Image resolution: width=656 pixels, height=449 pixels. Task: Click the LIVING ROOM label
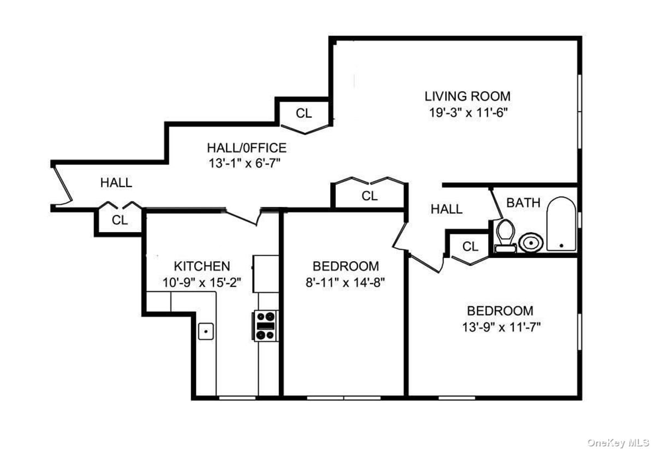click(x=467, y=96)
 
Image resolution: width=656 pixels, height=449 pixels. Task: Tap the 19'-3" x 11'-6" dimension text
click(x=468, y=112)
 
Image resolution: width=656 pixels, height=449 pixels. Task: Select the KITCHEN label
click(x=202, y=266)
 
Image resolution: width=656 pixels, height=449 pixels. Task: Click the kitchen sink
click(x=206, y=331)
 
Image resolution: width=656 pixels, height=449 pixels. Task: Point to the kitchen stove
click(x=265, y=326)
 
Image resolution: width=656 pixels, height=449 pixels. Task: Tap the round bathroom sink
click(x=531, y=243)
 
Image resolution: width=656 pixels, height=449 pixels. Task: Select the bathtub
click(x=561, y=224)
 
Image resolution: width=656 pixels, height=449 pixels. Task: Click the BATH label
click(x=523, y=203)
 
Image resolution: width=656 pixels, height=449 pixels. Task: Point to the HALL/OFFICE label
click(x=247, y=148)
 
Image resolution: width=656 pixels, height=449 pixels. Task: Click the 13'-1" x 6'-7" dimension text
click(x=244, y=163)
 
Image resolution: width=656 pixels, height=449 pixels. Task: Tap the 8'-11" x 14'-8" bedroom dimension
click(x=345, y=283)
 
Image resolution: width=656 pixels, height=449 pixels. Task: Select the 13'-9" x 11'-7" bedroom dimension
click(x=501, y=327)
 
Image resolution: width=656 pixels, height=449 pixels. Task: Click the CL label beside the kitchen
click(x=120, y=220)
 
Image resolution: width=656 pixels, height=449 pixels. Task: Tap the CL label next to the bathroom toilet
click(x=470, y=246)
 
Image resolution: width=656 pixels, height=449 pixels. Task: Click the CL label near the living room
click(x=304, y=113)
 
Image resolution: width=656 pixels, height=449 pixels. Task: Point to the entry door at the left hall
click(x=62, y=185)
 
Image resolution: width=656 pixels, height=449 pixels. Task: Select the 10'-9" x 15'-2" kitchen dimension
click(x=202, y=283)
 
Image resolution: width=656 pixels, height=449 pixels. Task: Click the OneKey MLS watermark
click(x=618, y=442)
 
